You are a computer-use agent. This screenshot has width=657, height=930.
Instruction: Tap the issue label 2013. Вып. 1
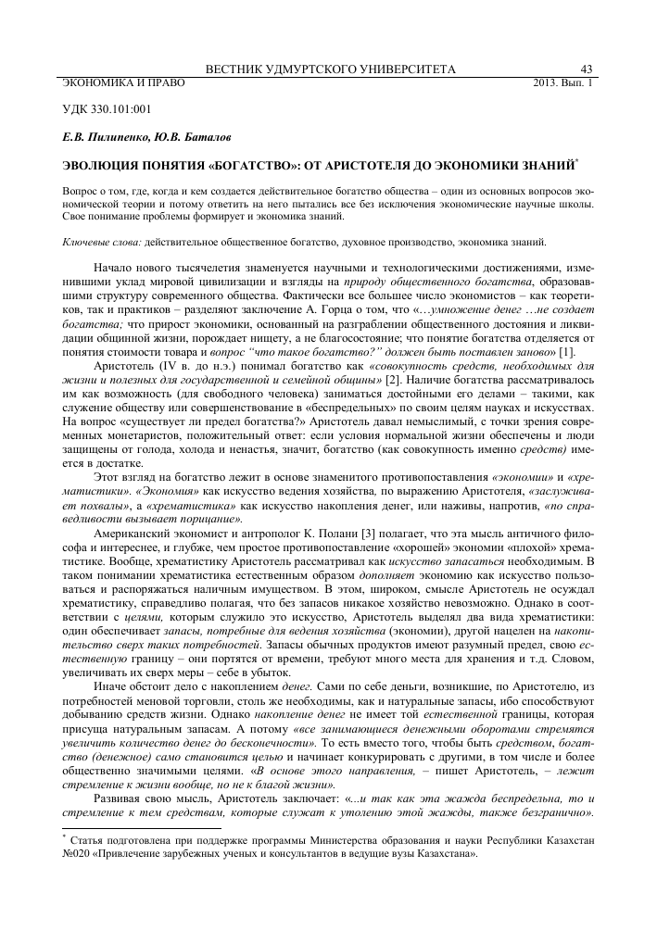[562, 82]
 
